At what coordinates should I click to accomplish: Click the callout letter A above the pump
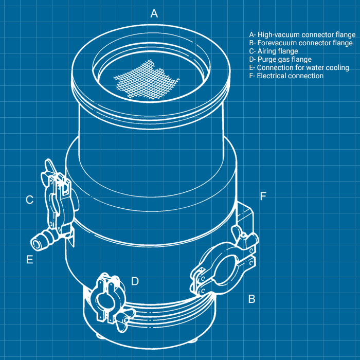point(154,13)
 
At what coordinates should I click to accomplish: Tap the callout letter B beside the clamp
point(252,299)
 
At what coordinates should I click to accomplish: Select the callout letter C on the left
point(30,200)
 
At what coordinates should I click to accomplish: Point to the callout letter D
point(135,281)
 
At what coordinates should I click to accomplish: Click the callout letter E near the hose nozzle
point(30,259)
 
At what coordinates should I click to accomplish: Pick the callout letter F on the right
point(263,196)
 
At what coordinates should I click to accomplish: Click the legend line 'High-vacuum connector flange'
point(302,34)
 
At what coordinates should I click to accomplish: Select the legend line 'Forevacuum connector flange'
point(301,43)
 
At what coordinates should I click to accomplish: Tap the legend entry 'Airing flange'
point(274,51)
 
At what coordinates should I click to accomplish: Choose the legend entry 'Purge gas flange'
point(280,60)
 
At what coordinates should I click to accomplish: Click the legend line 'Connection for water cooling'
point(299,68)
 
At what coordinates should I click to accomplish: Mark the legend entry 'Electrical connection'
point(286,76)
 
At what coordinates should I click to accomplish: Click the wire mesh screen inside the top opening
point(146,79)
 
